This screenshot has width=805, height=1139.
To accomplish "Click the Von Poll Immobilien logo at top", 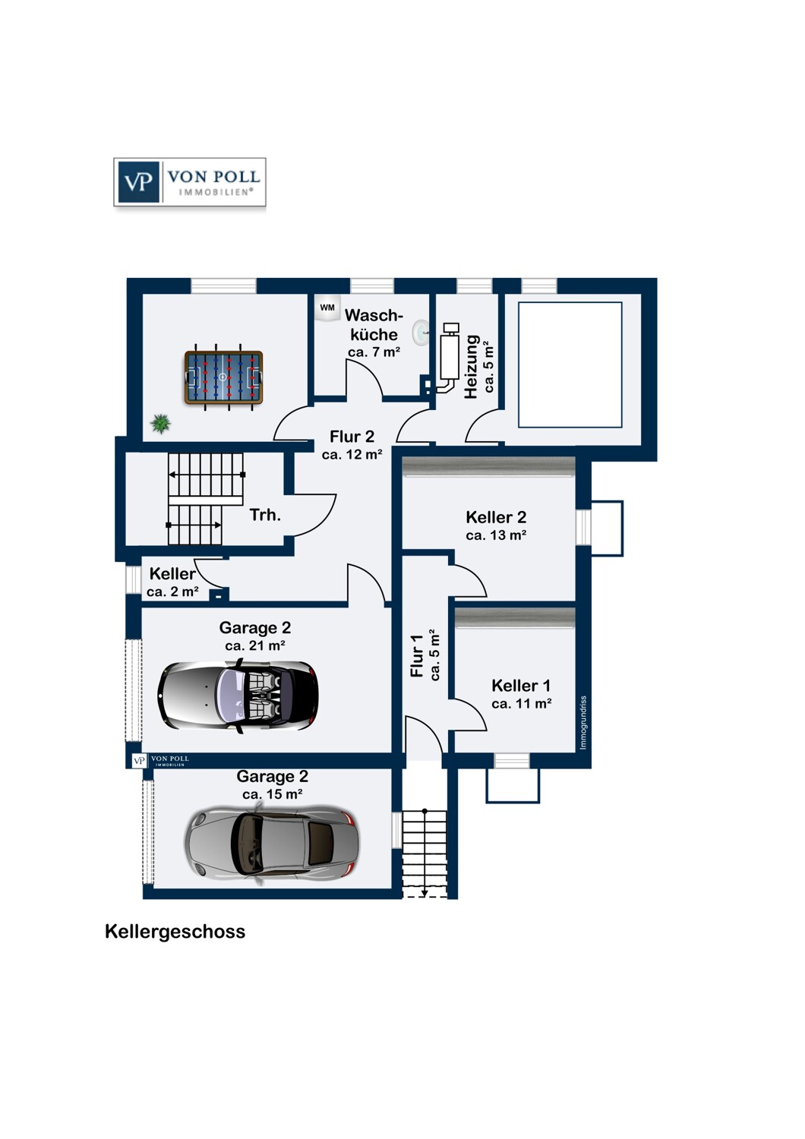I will click(190, 182).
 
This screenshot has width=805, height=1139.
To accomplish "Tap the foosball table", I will click(223, 377).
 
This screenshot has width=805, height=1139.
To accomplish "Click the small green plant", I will click(160, 423).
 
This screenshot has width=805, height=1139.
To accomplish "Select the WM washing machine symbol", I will click(327, 308).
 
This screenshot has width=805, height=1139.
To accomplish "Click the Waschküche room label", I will click(374, 325).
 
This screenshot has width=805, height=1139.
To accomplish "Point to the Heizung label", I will click(472, 367).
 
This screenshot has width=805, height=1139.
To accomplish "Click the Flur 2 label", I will click(352, 437).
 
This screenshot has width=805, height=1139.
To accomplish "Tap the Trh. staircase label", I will click(265, 515).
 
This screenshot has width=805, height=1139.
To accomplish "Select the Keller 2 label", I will click(496, 517).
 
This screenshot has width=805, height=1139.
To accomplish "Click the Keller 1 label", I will click(521, 686).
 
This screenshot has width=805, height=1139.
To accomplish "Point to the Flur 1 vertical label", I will click(417, 656).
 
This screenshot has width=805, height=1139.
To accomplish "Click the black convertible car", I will click(238, 696).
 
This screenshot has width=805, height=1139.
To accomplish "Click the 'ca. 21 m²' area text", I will click(254, 646).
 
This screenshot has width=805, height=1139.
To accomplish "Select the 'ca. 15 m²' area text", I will click(272, 794).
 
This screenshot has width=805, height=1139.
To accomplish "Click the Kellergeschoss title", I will click(175, 932).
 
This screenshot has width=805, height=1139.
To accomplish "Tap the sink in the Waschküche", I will click(420, 332).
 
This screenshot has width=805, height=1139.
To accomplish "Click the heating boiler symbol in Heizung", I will click(450, 352).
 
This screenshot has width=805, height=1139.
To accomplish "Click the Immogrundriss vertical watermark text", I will click(583, 723).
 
